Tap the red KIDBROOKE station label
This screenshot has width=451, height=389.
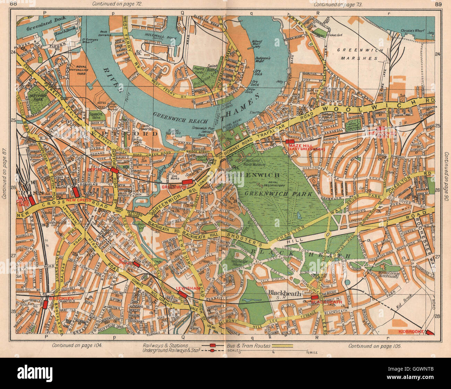point(411,332)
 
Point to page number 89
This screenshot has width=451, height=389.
point(438,4)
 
